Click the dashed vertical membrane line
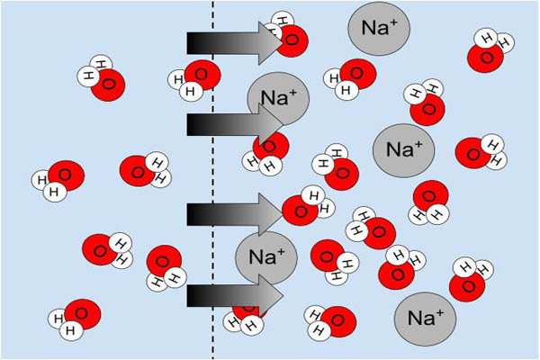click(x=213, y=180)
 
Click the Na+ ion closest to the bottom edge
click(x=425, y=318)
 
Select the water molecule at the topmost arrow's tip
click(x=288, y=36)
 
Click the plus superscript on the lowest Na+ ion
click(x=439, y=310)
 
